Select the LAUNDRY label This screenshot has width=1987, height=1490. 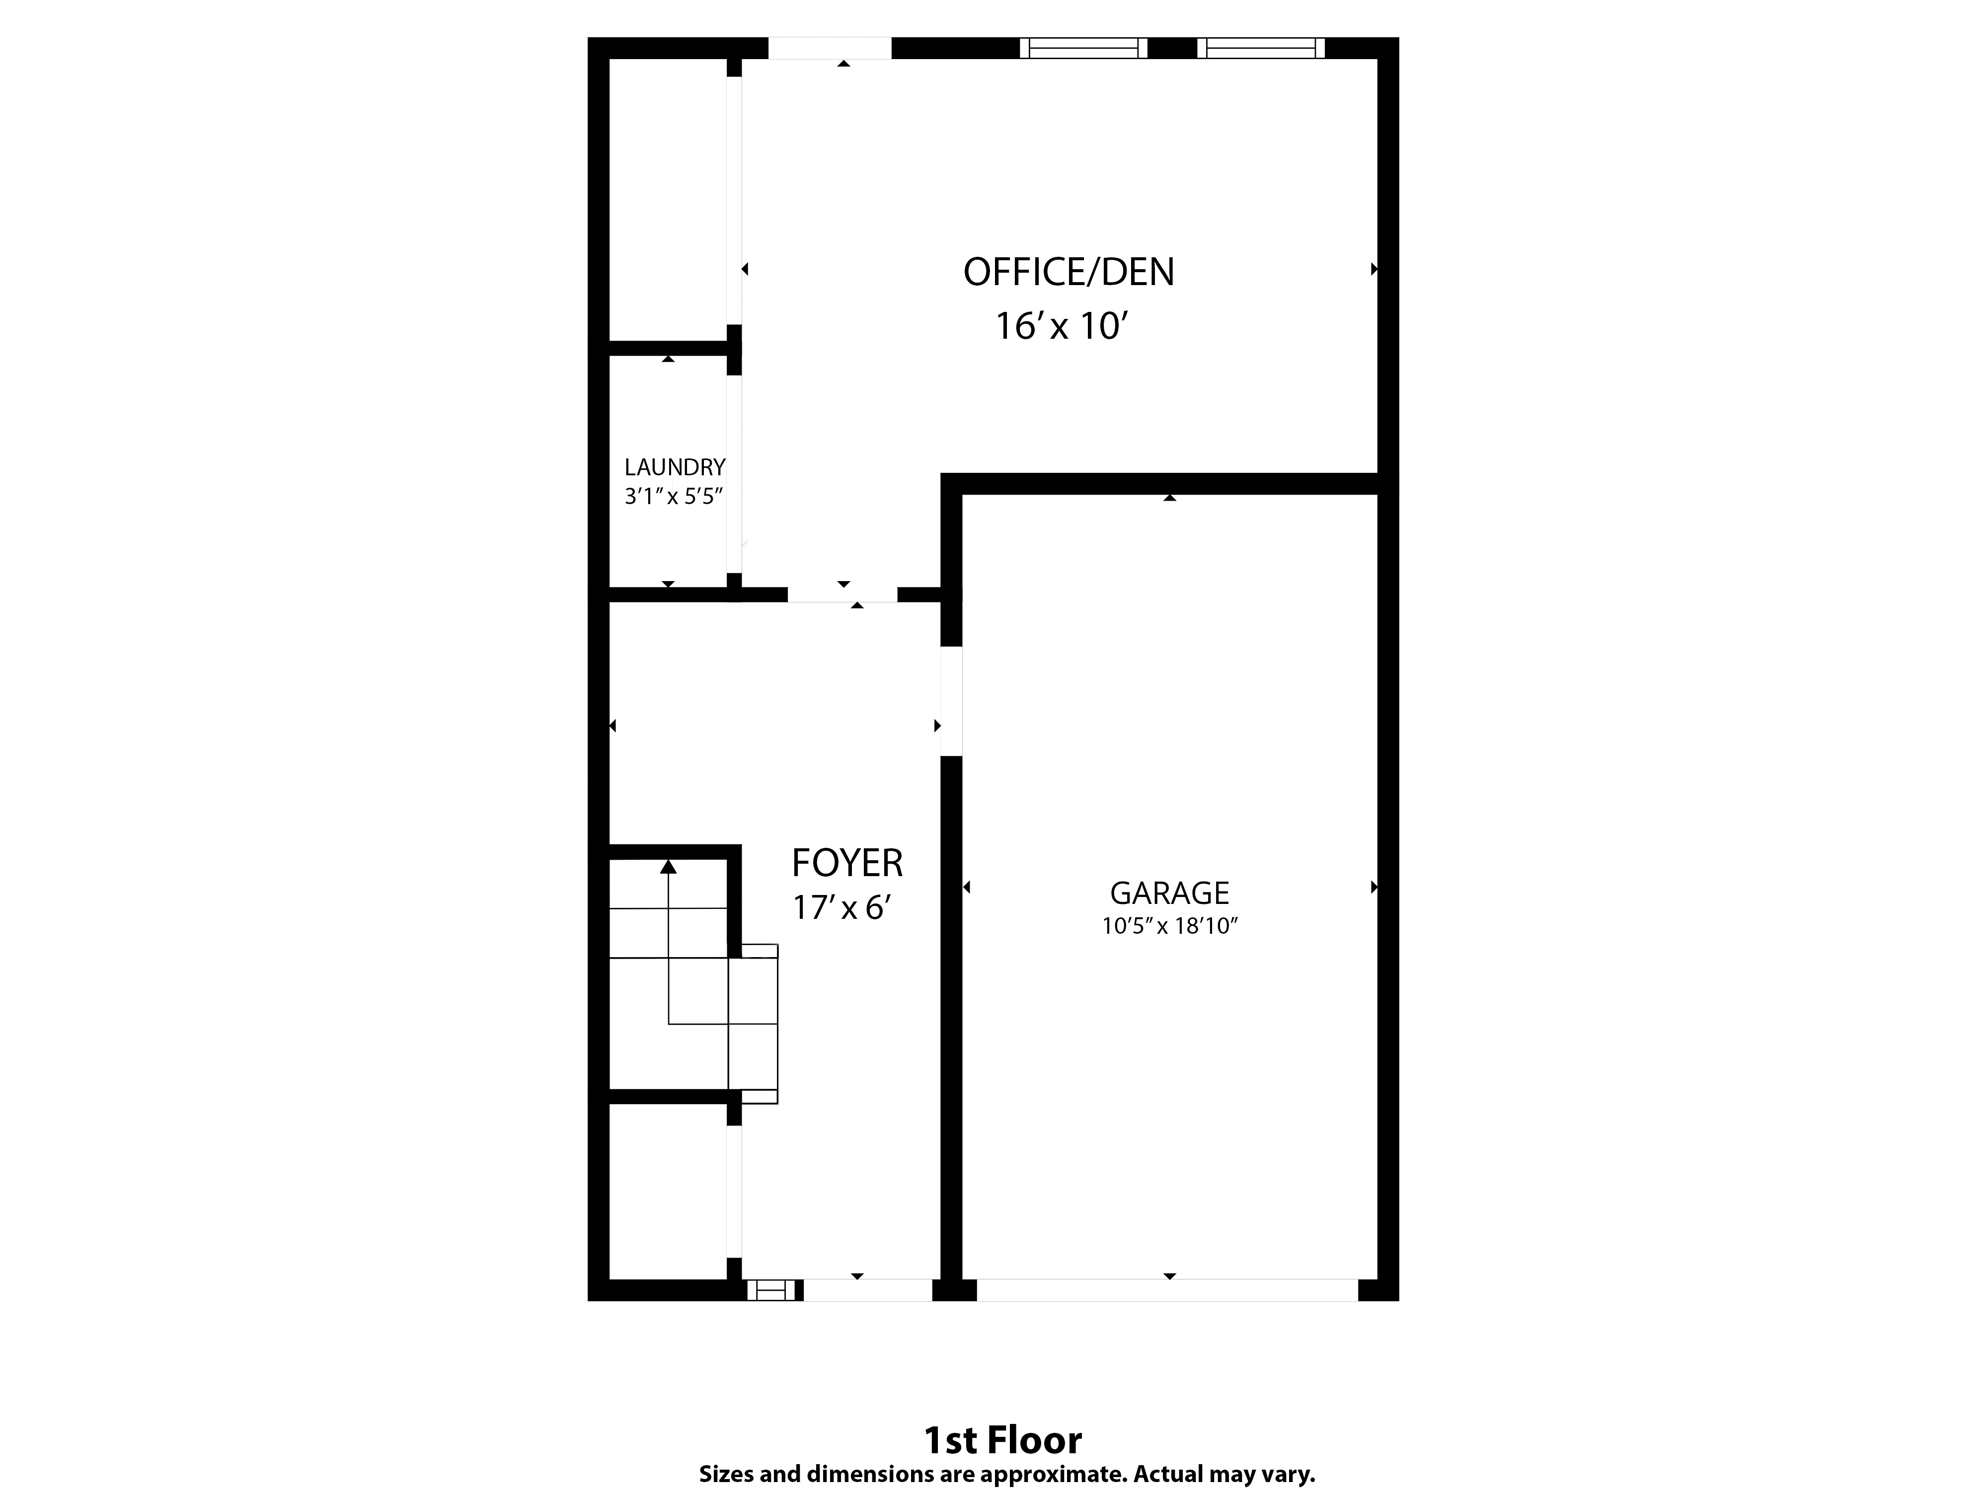click(x=675, y=467)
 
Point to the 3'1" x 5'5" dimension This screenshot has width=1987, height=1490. click(x=674, y=496)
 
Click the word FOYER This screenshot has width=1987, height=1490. click(x=846, y=863)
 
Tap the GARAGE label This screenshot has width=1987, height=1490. click(x=1169, y=893)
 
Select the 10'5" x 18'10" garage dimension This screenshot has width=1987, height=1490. click(x=1169, y=926)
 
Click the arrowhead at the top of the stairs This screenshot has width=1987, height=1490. click(x=668, y=867)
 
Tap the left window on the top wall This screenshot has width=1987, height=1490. click(x=1083, y=48)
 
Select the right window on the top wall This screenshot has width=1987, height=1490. click(x=1260, y=48)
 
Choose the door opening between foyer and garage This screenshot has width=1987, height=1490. click(x=951, y=700)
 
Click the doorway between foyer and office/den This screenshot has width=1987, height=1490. click(x=842, y=594)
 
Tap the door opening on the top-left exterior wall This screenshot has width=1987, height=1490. click(x=829, y=48)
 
